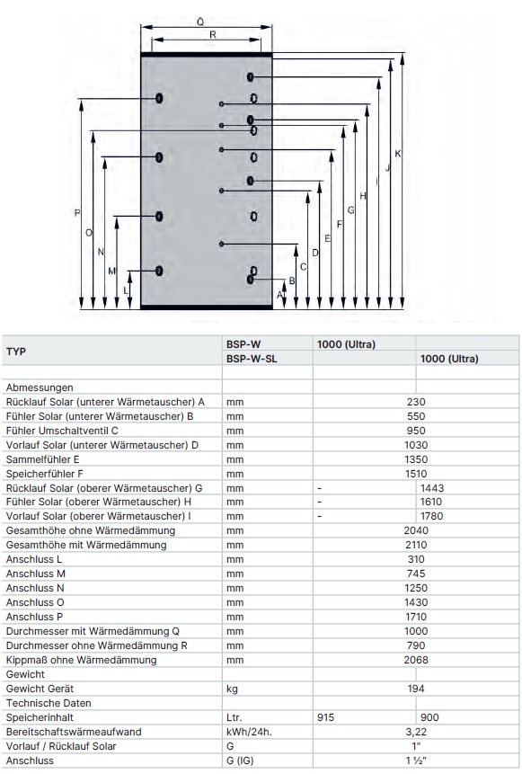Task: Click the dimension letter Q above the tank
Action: [x=200, y=22]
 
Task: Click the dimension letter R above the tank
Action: [x=213, y=34]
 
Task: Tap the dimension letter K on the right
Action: [x=398, y=154]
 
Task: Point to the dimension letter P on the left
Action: [x=77, y=213]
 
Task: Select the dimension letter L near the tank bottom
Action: [x=125, y=290]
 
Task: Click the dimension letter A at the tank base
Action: [x=279, y=295]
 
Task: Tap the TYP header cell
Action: [x=16, y=351]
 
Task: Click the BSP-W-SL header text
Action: [x=252, y=359]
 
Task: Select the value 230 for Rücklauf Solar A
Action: [x=416, y=402]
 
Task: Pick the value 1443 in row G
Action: [x=432, y=488]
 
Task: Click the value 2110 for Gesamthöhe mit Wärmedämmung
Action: [x=416, y=545]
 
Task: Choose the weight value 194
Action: [x=416, y=689]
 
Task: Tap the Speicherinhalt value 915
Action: [x=325, y=717]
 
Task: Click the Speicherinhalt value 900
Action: [x=429, y=717]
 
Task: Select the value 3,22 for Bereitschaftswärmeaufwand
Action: [x=416, y=732]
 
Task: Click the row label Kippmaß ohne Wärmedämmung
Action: [x=82, y=660]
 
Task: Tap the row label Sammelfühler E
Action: [x=42, y=459]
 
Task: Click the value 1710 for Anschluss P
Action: [x=416, y=617]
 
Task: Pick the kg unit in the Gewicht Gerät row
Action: [x=232, y=689]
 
